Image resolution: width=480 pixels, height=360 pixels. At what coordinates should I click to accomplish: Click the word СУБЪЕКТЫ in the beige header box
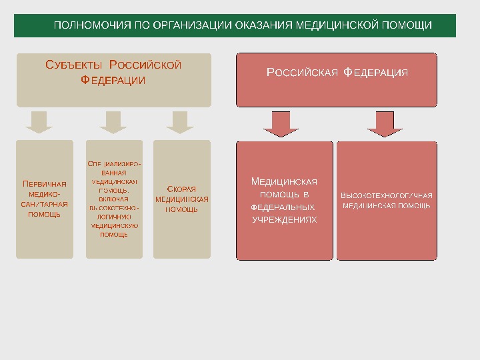[73, 65]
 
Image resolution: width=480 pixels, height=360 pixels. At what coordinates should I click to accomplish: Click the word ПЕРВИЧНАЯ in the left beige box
[45, 184]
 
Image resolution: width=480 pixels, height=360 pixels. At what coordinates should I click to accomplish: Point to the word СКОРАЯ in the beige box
[181, 189]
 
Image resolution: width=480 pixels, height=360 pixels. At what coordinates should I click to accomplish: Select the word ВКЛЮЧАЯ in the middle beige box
[113, 199]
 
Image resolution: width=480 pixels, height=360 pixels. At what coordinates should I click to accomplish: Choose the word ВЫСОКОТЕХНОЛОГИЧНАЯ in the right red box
[387, 195]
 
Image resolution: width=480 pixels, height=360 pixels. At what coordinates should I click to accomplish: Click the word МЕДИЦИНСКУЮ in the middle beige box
[113, 225]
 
